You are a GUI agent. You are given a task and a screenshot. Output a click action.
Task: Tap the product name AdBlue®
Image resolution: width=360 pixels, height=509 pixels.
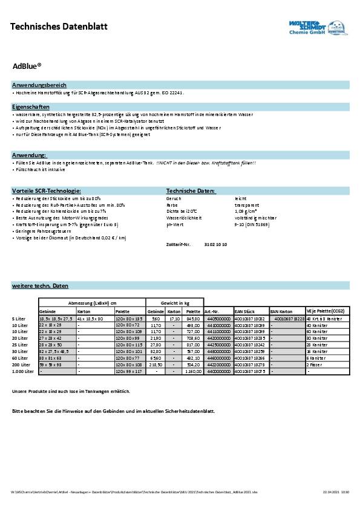click(x=27, y=68)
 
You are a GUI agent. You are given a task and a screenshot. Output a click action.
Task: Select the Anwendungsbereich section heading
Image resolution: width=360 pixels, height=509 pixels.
click(x=39, y=85)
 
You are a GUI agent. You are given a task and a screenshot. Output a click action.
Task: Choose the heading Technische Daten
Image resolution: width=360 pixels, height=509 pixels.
click(x=191, y=191)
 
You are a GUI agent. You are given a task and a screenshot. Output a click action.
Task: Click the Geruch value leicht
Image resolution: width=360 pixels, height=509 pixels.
click(x=240, y=198)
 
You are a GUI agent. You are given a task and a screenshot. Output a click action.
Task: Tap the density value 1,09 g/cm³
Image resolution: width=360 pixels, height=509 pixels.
click(x=246, y=212)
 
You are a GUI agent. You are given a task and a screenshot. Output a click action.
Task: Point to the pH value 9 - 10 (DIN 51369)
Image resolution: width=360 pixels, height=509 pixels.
click(x=252, y=224)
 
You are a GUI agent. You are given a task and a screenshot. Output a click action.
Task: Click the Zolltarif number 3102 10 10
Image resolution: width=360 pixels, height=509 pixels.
click(x=215, y=244)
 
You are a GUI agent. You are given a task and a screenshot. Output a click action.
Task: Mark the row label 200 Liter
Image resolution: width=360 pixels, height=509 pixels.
click(x=21, y=365)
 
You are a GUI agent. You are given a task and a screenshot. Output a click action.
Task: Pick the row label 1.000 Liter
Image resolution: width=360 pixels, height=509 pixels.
click(x=22, y=371)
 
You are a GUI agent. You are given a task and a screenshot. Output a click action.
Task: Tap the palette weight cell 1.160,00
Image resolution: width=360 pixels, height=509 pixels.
click(x=194, y=371)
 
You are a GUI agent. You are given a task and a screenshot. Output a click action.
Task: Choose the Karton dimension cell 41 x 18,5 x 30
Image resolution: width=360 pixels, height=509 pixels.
click(x=91, y=318)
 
